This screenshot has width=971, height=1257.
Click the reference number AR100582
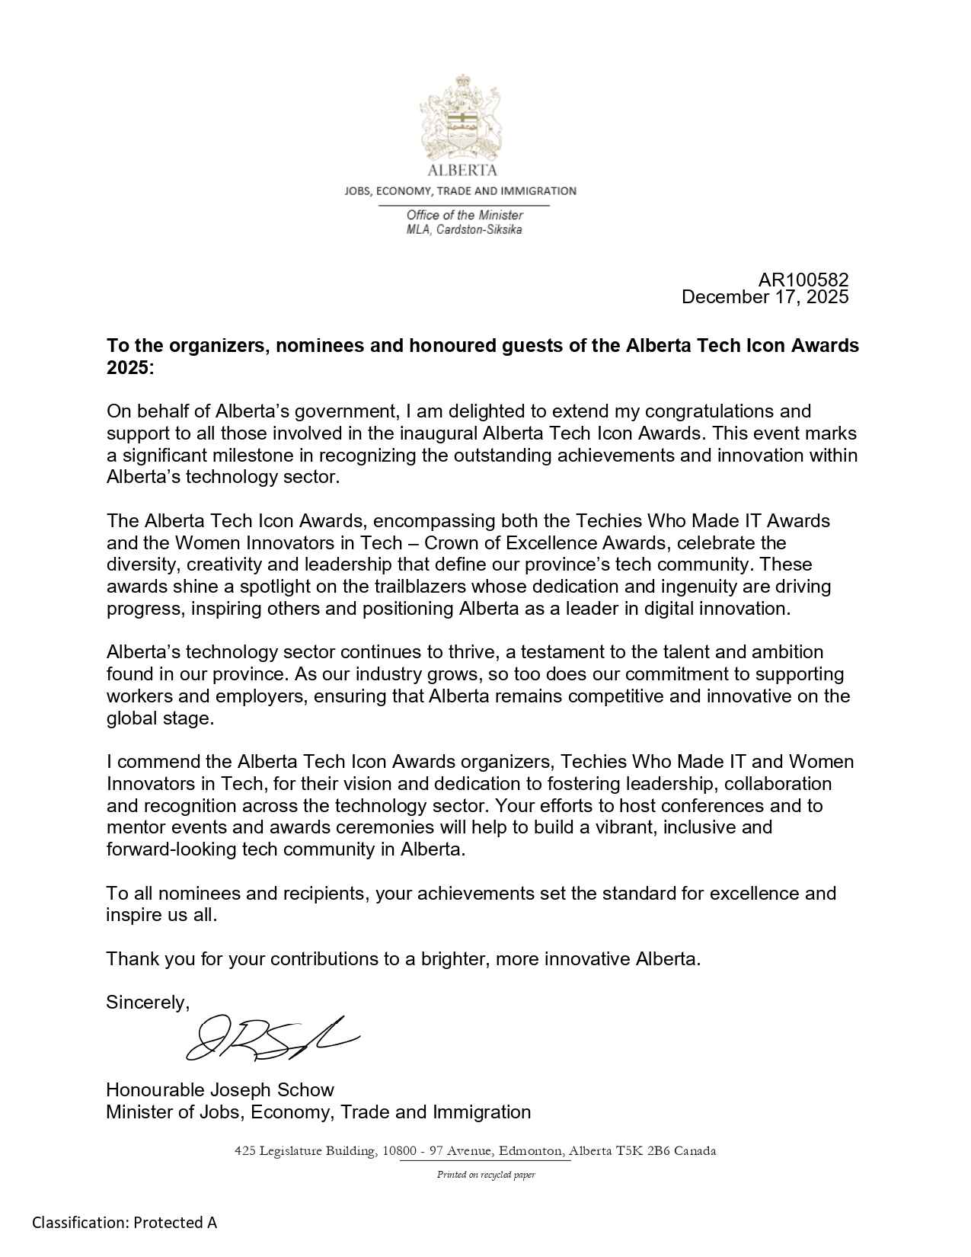(803, 280)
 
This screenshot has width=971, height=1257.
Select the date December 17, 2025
(765, 297)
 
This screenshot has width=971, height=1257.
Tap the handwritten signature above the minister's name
(270, 1039)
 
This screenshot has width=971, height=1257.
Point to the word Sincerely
(147, 1003)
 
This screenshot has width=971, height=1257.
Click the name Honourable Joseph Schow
(220, 1090)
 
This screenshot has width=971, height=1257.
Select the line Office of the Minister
(465, 216)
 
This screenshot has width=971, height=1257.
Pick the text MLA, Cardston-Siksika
(465, 229)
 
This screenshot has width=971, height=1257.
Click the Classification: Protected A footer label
(125, 1223)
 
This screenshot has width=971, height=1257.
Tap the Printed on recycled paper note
(486, 1175)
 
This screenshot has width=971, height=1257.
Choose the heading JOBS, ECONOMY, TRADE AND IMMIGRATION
(460, 191)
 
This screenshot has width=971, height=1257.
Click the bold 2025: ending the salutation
(130, 368)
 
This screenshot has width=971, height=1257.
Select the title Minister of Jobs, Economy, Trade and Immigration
(318, 1112)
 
